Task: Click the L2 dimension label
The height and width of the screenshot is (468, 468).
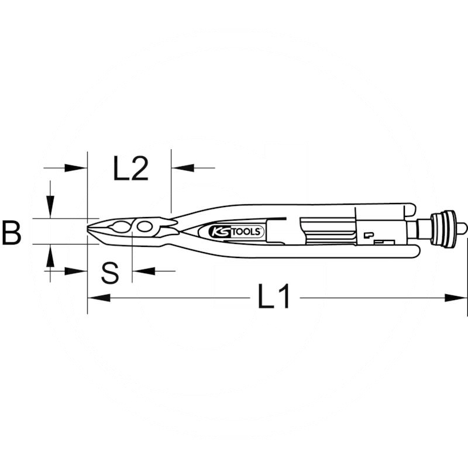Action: click(x=130, y=168)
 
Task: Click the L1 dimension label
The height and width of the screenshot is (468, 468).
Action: click(x=274, y=297)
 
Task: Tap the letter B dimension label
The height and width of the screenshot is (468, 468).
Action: click(x=11, y=232)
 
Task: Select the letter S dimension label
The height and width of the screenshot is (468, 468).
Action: click(x=110, y=273)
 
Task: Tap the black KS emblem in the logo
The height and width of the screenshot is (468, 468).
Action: click(x=219, y=232)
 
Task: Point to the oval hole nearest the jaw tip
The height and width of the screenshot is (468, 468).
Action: click(x=121, y=227)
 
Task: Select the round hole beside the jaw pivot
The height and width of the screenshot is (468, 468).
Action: click(x=144, y=227)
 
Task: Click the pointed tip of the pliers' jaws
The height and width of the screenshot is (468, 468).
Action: click(x=87, y=229)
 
